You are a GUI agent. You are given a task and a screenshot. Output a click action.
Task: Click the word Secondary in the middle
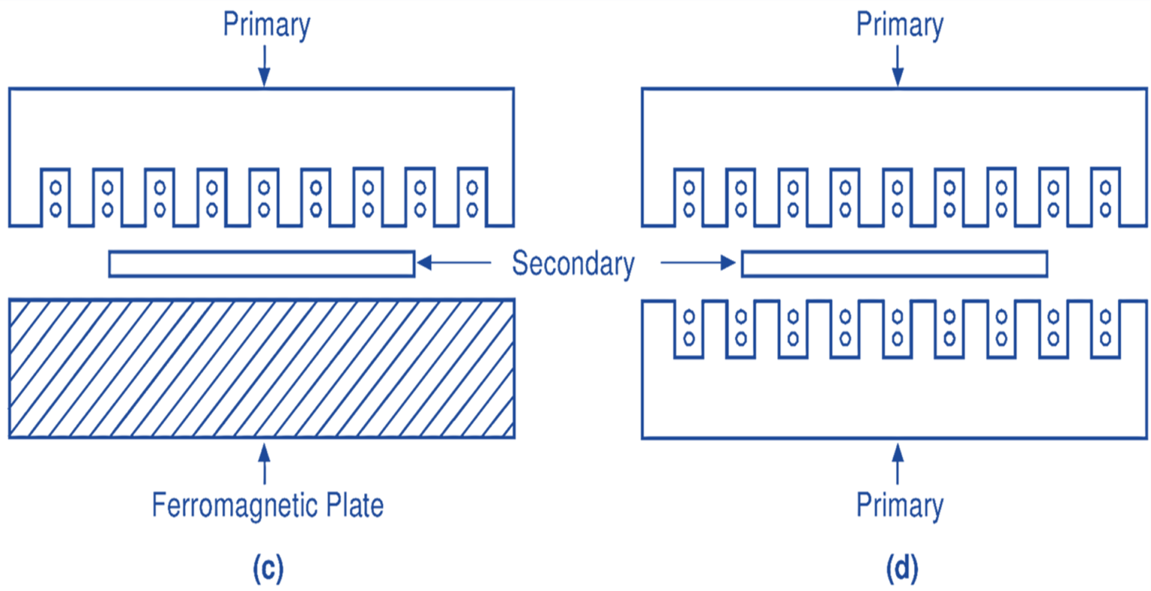(x=573, y=264)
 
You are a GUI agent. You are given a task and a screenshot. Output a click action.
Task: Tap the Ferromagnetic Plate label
(x=268, y=505)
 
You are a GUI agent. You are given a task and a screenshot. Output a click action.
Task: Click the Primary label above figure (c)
(x=266, y=25)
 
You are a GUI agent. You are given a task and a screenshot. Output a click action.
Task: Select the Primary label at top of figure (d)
(x=899, y=25)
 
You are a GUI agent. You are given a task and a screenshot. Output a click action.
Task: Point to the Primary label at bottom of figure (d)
(x=899, y=505)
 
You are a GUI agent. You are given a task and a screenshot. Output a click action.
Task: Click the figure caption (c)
(x=268, y=569)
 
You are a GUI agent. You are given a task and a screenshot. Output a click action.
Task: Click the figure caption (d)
(x=901, y=569)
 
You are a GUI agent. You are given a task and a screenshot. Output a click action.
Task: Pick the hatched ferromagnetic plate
(x=262, y=368)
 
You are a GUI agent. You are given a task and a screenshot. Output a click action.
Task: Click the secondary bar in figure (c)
(x=262, y=264)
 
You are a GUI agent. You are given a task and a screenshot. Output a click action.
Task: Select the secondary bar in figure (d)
(x=894, y=264)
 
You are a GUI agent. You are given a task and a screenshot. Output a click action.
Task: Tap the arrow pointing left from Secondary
(x=454, y=263)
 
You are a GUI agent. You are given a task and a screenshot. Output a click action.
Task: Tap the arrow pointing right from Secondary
(x=698, y=263)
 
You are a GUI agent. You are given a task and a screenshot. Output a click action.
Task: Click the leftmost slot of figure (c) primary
(x=55, y=197)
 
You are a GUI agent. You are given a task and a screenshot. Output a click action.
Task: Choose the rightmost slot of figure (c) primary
(x=472, y=197)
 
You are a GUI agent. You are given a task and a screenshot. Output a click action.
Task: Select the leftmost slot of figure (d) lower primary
(x=689, y=329)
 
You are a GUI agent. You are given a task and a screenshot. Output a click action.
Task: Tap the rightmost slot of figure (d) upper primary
(x=1105, y=197)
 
